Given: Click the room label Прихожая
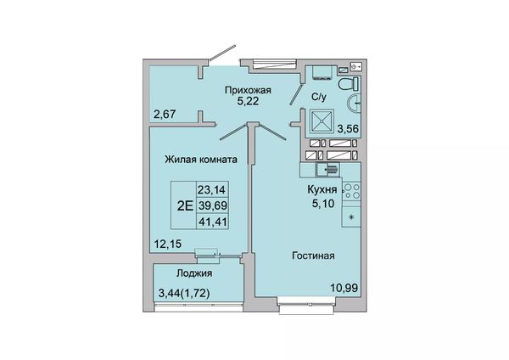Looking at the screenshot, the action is click(x=248, y=90).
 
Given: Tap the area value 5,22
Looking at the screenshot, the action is click(x=248, y=101).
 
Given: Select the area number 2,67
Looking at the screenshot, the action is click(x=165, y=115).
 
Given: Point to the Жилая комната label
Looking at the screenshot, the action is click(x=201, y=160).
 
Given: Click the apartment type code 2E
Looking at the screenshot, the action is click(x=185, y=205).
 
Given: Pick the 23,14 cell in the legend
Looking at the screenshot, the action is click(x=211, y=189).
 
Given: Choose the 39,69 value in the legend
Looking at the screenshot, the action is click(x=213, y=205).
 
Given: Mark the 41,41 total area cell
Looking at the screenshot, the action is click(x=213, y=222).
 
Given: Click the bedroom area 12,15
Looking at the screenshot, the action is click(x=168, y=244).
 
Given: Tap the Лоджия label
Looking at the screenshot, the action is click(x=194, y=273).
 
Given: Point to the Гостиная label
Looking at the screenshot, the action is click(x=313, y=256).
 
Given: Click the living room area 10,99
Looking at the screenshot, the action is click(x=344, y=288).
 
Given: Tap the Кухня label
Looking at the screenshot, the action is click(x=322, y=189).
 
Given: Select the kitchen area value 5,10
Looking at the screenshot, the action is click(x=323, y=204).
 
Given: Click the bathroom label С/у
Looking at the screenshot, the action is click(x=318, y=97).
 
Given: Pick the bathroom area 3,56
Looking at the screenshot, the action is click(x=348, y=129).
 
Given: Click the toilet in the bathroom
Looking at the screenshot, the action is click(x=349, y=84).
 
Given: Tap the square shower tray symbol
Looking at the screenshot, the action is click(x=322, y=121).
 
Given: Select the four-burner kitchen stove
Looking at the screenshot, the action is click(x=351, y=191).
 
